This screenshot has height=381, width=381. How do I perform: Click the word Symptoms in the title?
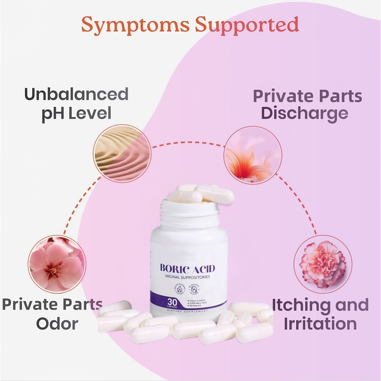[x=135, y=25]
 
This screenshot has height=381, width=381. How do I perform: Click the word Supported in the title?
[x=246, y=25]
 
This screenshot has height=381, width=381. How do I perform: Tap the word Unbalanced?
[x=76, y=94]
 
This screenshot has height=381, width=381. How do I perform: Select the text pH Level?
[x=76, y=113]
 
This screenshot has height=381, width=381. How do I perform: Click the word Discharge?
[x=305, y=113]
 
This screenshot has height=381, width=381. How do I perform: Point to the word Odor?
[x=57, y=324]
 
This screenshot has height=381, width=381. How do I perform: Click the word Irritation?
[x=320, y=324]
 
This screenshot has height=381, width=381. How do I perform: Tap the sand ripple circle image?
[x=122, y=153]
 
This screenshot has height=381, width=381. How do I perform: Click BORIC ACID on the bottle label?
[x=187, y=268]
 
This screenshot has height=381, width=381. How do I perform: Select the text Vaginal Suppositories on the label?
[x=187, y=277]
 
